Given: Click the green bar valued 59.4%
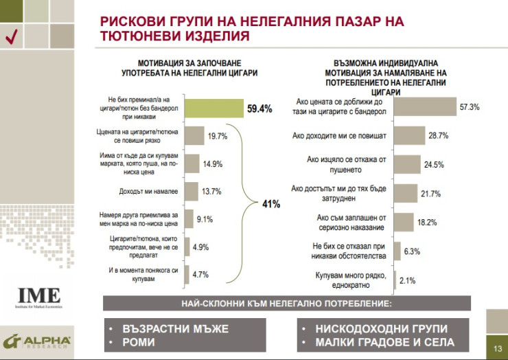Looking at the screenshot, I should [214, 109].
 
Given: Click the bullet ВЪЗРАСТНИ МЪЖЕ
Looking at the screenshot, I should [174, 328].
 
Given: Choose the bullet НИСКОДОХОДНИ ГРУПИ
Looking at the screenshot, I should [381, 328].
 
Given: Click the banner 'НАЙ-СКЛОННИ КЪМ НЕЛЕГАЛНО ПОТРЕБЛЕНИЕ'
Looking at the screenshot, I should [287, 302].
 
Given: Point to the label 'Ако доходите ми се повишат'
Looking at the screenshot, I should [341, 135].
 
